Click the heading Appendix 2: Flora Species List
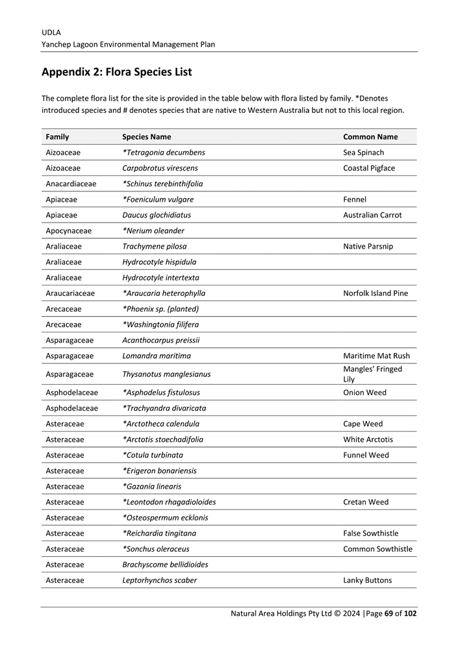click(116, 72)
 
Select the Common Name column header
click(370, 137)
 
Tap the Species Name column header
click(147, 137)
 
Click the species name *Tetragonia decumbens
click(164, 153)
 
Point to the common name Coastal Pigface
click(368, 168)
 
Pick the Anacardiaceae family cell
click(71, 184)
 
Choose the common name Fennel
click(355, 199)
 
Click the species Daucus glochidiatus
click(157, 215)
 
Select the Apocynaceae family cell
click(68, 230)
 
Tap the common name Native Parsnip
click(368, 247)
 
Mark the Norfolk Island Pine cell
click(375, 293)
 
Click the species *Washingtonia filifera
click(160, 324)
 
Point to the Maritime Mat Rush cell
click(376, 356)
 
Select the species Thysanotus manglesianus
click(166, 374)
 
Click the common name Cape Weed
click(363, 424)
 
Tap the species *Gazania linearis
click(152, 487)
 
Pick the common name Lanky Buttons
click(367, 580)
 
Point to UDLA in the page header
click(51, 32)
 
